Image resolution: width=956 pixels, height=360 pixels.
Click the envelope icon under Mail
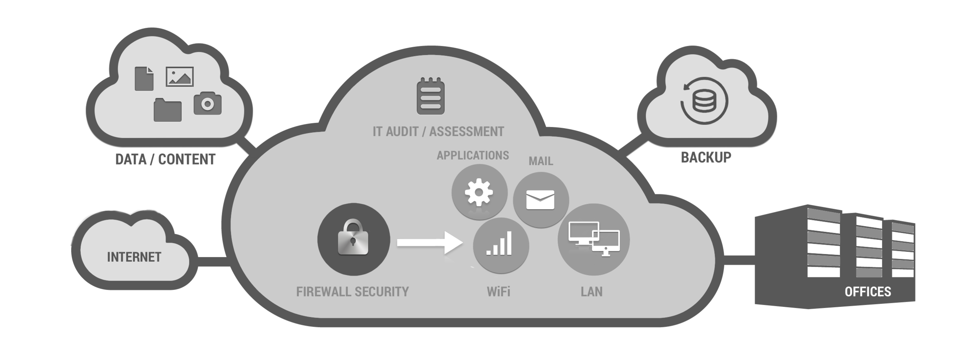(540, 200)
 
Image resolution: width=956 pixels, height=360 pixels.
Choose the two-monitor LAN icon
(594, 238)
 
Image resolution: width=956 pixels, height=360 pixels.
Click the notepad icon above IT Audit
(431, 96)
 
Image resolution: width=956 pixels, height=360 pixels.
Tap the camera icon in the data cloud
(208, 103)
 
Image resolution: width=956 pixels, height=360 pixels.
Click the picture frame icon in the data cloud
(180, 77)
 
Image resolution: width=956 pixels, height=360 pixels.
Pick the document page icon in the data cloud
(145, 78)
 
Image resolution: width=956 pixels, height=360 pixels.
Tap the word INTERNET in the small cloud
(134, 257)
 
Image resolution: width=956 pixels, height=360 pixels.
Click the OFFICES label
(868, 292)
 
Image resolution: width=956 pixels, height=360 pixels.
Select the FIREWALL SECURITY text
(353, 292)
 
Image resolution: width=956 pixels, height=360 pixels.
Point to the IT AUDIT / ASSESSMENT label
(438, 132)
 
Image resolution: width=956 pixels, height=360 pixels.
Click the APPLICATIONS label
(473, 155)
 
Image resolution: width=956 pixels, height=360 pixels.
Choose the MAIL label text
(541, 161)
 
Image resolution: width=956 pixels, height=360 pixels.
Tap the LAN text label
(592, 292)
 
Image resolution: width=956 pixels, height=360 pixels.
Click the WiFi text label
(499, 292)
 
